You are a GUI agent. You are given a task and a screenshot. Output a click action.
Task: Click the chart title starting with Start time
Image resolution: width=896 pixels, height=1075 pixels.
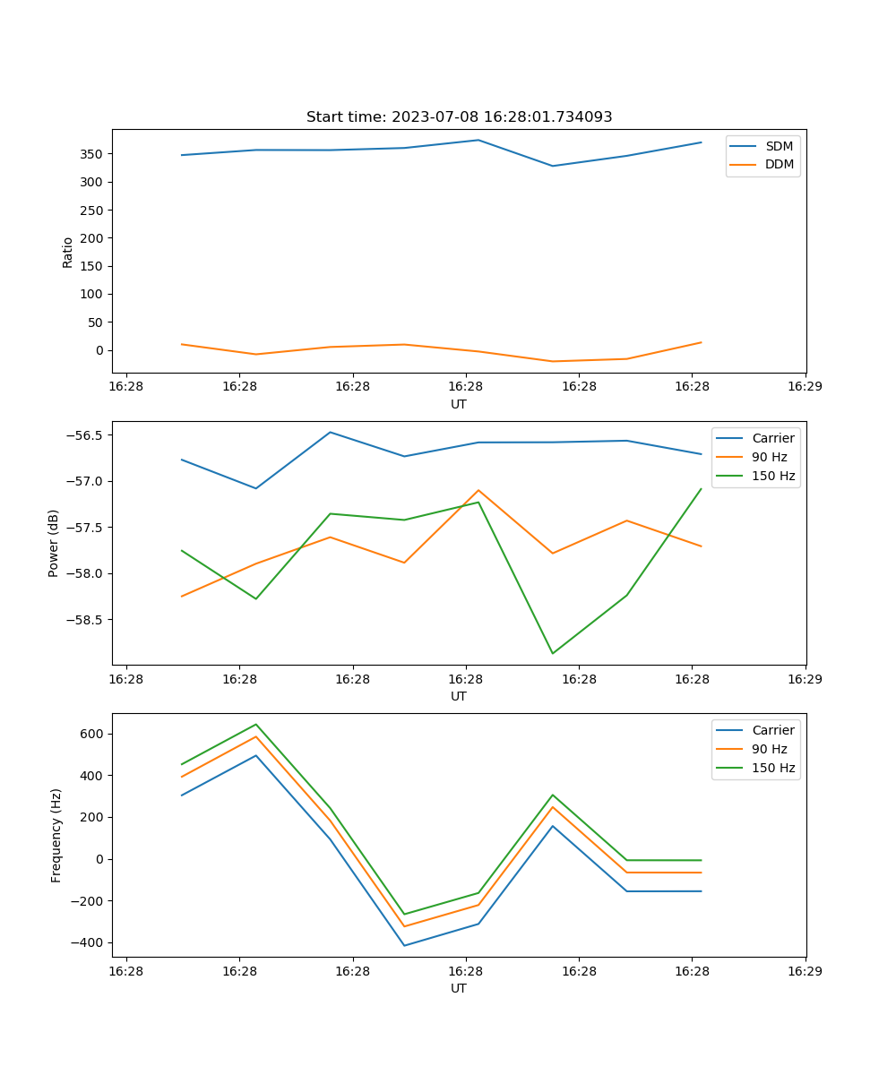(x=459, y=117)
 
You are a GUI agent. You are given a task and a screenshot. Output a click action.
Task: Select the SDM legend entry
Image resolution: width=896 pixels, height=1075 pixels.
(x=779, y=146)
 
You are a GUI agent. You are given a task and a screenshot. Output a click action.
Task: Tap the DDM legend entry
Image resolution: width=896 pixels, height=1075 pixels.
(x=779, y=165)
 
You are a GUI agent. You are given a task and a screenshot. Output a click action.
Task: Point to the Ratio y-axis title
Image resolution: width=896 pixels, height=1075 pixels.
(x=68, y=251)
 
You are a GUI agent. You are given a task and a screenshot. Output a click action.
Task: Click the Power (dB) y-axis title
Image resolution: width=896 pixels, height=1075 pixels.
(x=54, y=543)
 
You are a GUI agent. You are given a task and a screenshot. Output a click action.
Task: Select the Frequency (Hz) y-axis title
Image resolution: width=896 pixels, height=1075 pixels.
(x=56, y=835)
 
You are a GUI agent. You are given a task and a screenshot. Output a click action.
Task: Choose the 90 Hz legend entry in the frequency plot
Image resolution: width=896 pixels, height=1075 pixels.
(x=769, y=749)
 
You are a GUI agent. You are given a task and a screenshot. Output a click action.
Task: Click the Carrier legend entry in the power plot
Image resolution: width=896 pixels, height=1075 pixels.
(x=772, y=438)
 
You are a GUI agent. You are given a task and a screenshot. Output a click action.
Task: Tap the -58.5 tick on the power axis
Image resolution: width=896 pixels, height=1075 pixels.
(x=85, y=620)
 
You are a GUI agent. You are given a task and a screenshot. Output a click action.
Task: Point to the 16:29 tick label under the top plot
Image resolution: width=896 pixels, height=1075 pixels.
(x=805, y=387)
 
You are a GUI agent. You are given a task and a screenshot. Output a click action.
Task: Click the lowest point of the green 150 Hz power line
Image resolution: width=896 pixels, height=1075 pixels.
(x=552, y=653)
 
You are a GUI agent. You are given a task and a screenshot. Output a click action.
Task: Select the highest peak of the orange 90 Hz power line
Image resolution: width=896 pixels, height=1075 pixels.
(x=478, y=490)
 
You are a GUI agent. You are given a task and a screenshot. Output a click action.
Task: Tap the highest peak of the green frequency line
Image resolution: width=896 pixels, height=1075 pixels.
(x=256, y=724)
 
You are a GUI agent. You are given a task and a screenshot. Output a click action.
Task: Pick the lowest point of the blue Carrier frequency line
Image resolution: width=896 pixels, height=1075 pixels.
(x=404, y=945)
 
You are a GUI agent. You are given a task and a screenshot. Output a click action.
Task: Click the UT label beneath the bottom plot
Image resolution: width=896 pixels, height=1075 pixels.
(x=459, y=988)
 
